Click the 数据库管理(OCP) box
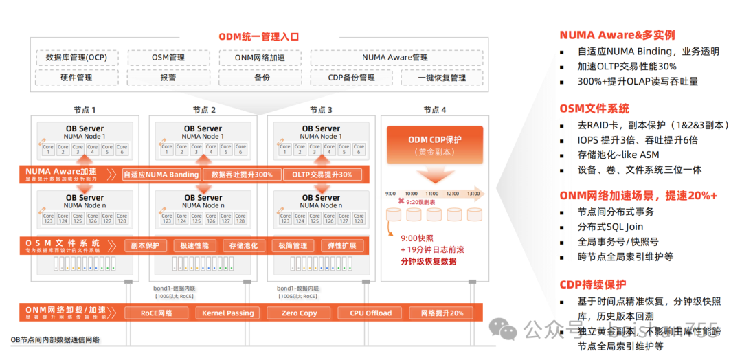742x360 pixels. (x=76, y=58)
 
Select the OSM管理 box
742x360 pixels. (x=168, y=58)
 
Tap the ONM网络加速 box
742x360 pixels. (x=260, y=58)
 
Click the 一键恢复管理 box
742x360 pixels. (x=442, y=78)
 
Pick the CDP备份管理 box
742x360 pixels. (x=351, y=78)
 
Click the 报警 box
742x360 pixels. (x=168, y=78)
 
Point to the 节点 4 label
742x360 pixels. (x=434, y=110)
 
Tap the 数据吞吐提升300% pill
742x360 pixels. (x=242, y=175)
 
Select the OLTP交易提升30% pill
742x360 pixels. (x=322, y=175)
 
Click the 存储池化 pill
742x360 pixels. (x=244, y=245)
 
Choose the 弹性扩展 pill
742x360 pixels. (x=342, y=245)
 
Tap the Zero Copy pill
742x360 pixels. (x=299, y=313)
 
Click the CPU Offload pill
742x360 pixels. (x=370, y=313)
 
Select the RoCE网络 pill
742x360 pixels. (x=157, y=313)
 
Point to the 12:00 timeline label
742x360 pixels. (x=453, y=194)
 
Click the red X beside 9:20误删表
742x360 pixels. (x=400, y=203)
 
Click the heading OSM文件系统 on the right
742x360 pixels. (x=594, y=109)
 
